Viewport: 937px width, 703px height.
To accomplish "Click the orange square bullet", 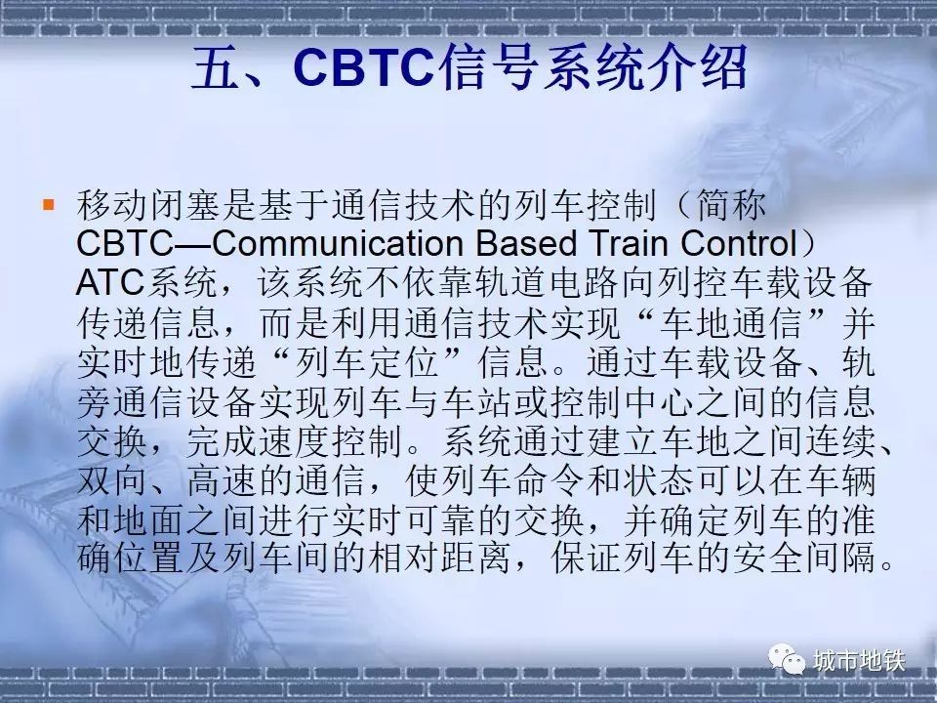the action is click(x=49, y=205).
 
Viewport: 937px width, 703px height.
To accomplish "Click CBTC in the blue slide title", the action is click(x=363, y=66).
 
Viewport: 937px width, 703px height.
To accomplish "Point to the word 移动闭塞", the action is click(x=148, y=205).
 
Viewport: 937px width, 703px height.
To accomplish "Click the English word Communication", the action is click(x=339, y=243).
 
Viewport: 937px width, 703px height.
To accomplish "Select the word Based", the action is click(x=526, y=243).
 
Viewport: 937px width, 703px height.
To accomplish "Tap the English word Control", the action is click(x=740, y=243).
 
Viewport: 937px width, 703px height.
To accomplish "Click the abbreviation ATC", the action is click(x=110, y=283).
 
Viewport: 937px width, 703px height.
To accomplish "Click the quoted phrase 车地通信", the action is click(x=729, y=323).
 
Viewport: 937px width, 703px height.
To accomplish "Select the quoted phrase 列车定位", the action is click(x=367, y=362).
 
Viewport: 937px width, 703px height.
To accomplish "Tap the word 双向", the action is click(x=112, y=480).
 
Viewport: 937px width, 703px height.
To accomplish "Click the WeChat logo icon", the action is click(x=787, y=659).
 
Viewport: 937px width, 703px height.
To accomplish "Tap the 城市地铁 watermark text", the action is click(x=859, y=661).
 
